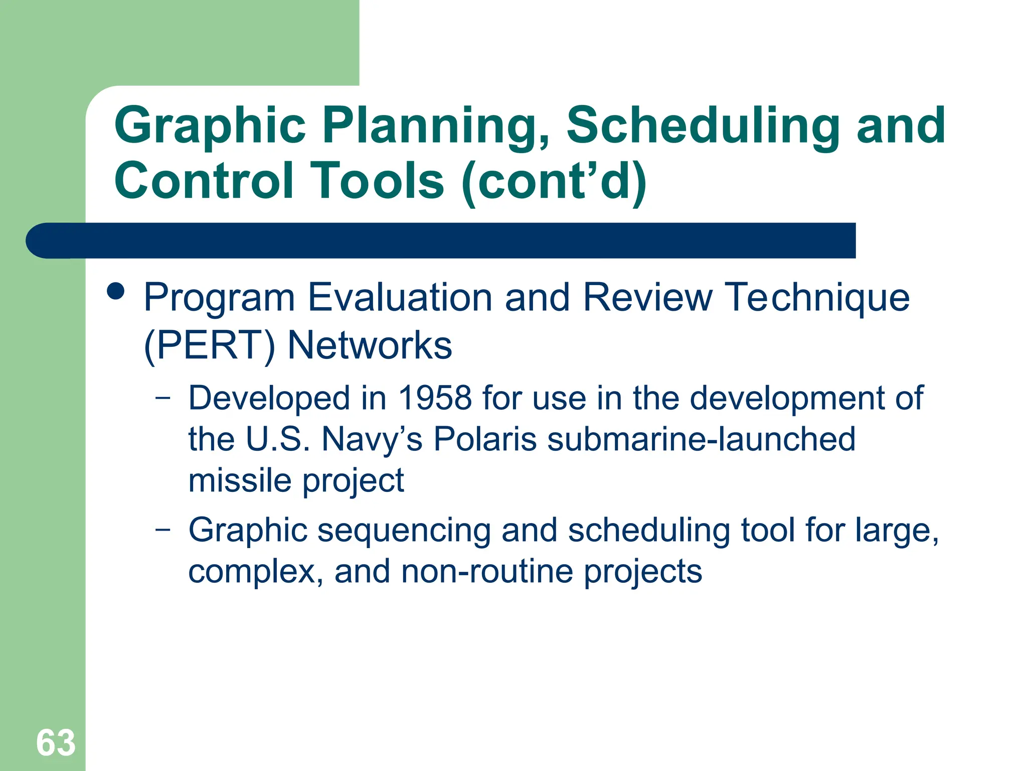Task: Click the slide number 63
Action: pos(56,742)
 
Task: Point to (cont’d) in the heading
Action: pos(554,181)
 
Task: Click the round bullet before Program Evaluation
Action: pos(116,291)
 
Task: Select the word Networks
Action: pos(370,346)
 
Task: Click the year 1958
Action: pos(435,398)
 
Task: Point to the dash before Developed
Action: pos(162,398)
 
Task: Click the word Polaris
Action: pos(485,439)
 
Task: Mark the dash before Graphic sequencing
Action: pos(162,530)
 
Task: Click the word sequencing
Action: pos(404,531)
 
